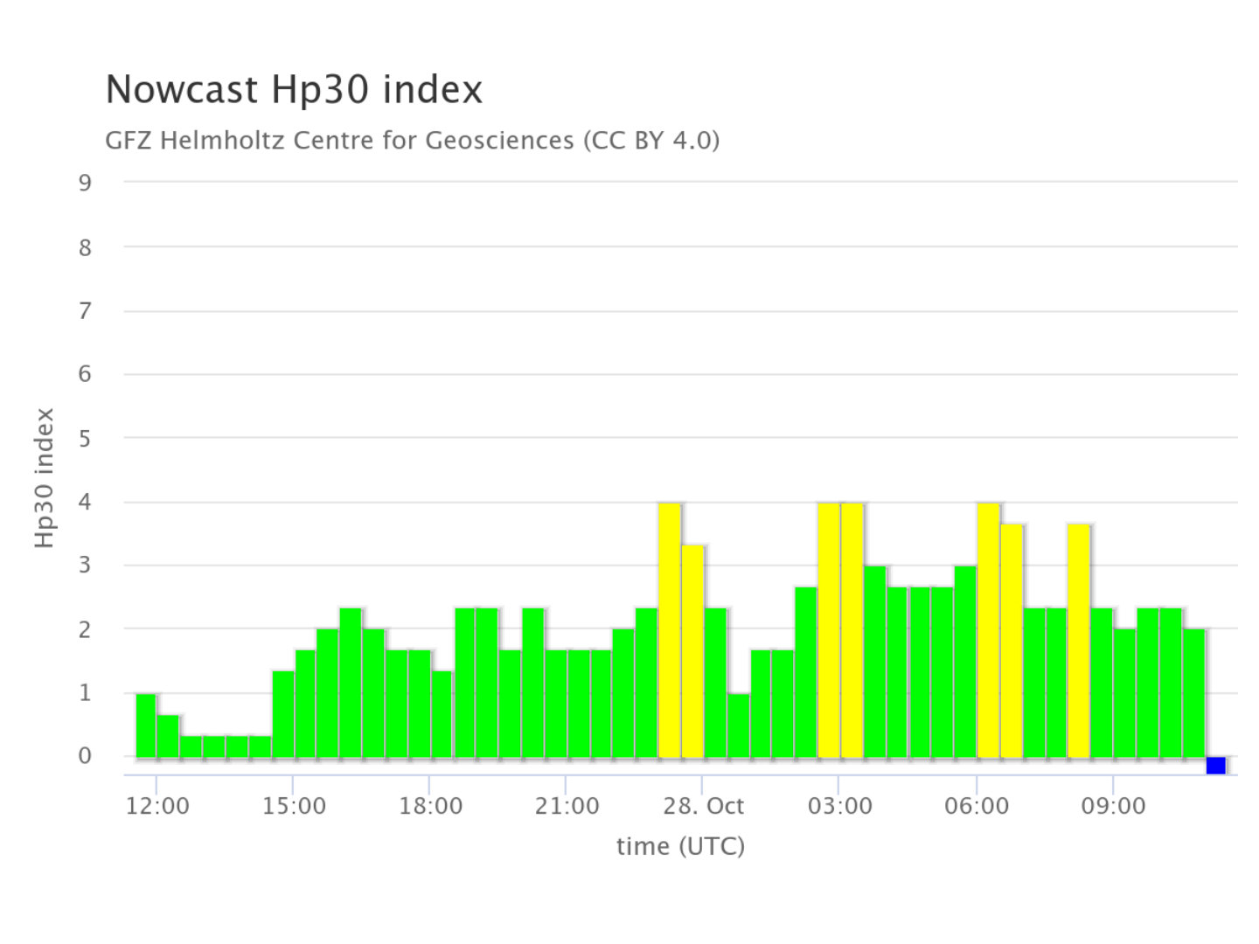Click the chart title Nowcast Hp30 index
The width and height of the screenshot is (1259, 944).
point(294,90)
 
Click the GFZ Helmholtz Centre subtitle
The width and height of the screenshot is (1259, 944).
point(412,140)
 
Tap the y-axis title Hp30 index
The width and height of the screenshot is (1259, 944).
point(45,478)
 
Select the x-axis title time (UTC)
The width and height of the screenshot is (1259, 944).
point(680,846)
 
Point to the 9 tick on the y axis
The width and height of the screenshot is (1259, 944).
point(85,183)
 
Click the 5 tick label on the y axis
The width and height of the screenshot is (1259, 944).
point(85,438)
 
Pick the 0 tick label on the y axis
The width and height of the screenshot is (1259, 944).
point(85,756)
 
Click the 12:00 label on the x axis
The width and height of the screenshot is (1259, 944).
point(157,806)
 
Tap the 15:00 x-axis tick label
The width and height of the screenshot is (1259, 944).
point(294,806)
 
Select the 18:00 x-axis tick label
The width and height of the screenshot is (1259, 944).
point(430,806)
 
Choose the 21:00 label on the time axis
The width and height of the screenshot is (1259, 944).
point(567,806)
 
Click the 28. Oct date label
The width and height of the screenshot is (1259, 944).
point(703,806)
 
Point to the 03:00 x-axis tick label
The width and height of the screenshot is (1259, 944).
point(839,806)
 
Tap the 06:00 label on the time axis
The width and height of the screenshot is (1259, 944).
point(976,806)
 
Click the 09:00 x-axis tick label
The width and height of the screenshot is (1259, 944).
point(1112,806)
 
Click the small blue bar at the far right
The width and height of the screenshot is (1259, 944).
point(1215,766)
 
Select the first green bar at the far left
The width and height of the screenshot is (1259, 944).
point(146,725)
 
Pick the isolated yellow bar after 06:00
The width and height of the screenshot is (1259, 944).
point(1079,641)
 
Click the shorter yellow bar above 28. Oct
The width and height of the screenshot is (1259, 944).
point(692,651)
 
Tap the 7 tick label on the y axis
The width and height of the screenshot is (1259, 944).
point(85,310)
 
